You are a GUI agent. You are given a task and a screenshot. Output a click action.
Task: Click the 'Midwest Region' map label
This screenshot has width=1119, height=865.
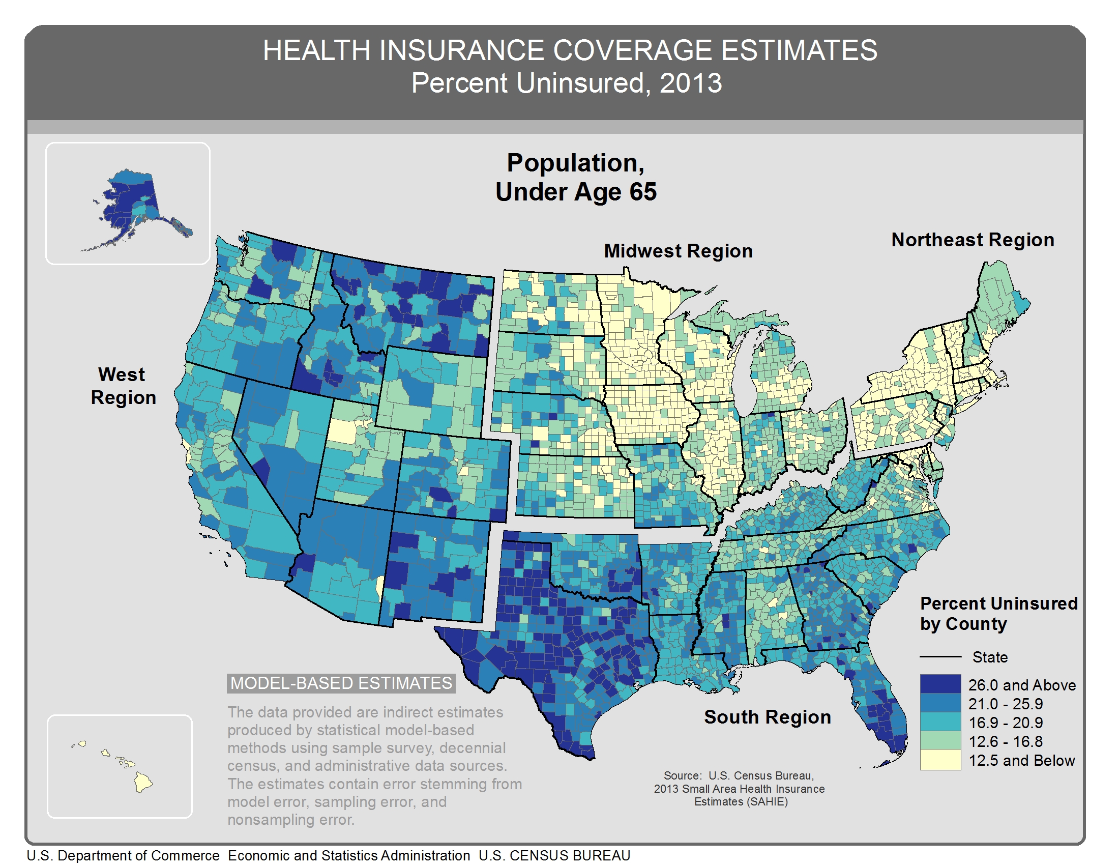click(678, 251)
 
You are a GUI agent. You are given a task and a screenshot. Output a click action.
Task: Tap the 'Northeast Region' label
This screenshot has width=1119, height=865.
click(972, 240)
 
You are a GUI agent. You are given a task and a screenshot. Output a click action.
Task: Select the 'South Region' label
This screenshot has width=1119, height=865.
click(767, 717)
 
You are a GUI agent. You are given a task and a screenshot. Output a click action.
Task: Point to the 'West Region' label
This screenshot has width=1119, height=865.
click(123, 386)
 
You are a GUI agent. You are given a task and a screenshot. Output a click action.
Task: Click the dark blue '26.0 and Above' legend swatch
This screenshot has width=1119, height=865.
click(939, 684)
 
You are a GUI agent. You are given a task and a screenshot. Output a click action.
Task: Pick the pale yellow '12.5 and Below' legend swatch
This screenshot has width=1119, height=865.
click(939, 760)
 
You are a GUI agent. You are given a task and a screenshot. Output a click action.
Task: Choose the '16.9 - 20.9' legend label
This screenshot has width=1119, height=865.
click(1005, 723)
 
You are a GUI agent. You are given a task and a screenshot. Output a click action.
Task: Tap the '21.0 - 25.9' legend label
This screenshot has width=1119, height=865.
click(1005, 704)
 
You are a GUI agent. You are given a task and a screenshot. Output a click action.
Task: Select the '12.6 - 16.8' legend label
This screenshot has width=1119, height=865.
click(1005, 741)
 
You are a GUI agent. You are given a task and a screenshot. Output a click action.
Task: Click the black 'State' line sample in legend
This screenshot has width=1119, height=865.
click(939, 656)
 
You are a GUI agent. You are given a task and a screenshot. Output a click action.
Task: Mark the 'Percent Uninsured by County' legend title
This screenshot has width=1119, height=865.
click(998, 614)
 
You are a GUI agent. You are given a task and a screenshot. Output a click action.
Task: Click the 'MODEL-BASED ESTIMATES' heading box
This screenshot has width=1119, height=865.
click(341, 683)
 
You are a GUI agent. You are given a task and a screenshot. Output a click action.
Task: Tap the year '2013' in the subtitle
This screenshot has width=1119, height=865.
click(690, 83)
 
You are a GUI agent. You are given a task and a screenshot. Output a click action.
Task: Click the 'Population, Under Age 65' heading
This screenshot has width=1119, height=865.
click(575, 177)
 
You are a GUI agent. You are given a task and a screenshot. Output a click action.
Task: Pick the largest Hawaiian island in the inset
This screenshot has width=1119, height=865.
click(143, 783)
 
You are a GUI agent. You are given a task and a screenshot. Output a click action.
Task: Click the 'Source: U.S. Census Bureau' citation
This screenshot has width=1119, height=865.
click(739, 788)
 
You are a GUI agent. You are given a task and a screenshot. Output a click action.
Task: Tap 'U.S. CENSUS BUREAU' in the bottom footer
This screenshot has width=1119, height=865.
click(554, 856)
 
